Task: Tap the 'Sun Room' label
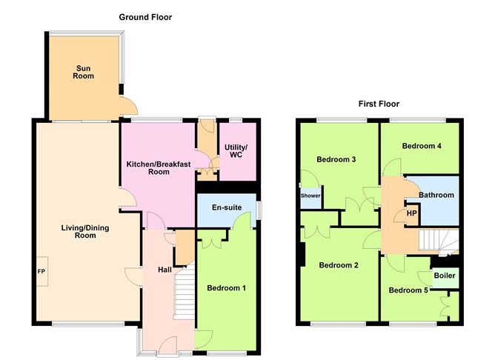pyautogui.click(x=83, y=72)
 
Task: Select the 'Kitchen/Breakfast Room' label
pyautogui.click(x=158, y=167)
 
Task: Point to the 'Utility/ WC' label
pyautogui.click(x=236, y=150)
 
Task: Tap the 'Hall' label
pyautogui.click(x=165, y=270)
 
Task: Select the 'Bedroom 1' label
pyautogui.click(x=226, y=288)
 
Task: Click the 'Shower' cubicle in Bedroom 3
pyautogui.click(x=310, y=196)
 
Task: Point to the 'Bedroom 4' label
pyautogui.click(x=422, y=146)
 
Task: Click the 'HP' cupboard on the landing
pyautogui.click(x=412, y=213)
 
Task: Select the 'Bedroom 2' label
pyautogui.click(x=339, y=265)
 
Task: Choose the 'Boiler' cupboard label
pyautogui.click(x=445, y=276)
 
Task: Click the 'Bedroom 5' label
pyautogui.click(x=408, y=290)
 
